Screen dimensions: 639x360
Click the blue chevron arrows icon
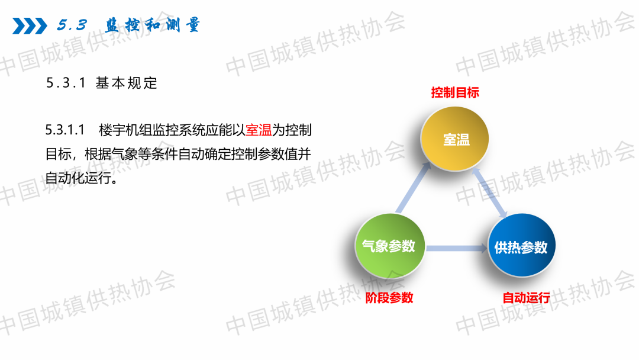tap(30, 25)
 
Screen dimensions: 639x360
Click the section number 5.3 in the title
tap(72, 25)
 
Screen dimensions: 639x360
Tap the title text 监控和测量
tap(152, 25)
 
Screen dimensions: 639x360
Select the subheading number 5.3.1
tap(66, 83)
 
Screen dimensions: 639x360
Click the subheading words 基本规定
tap(127, 83)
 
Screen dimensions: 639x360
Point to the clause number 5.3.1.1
tap(65, 130)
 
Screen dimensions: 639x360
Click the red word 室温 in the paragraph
tap(259, 130)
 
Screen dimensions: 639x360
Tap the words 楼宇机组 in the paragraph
tap(125, 130)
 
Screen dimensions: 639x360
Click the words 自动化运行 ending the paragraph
tap(78, 178)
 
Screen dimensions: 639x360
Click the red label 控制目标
tap(455, 92)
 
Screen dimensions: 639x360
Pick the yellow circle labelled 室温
tap(455, 139)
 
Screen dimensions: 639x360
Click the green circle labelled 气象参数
tap(389, 246)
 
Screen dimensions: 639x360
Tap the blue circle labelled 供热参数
tap(522, 246)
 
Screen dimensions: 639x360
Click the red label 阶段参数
tap(389, 298)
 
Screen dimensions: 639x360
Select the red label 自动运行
tap(526, 298)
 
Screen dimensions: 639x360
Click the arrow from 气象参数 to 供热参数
tap(456, 248)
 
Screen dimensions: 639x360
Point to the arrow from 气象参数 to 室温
tap(413, 188)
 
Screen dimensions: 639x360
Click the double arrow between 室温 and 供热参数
tap(489, 193)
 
